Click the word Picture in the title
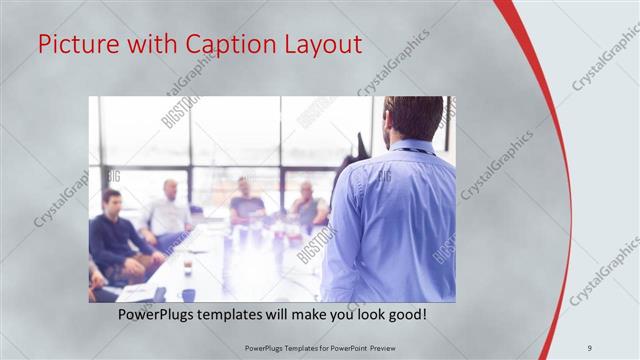click(71, 46)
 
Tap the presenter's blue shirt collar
click(412, 147)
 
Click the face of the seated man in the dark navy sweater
click(111, 200)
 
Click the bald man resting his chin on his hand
click(306, 204)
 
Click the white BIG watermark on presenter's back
click(384, 177)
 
